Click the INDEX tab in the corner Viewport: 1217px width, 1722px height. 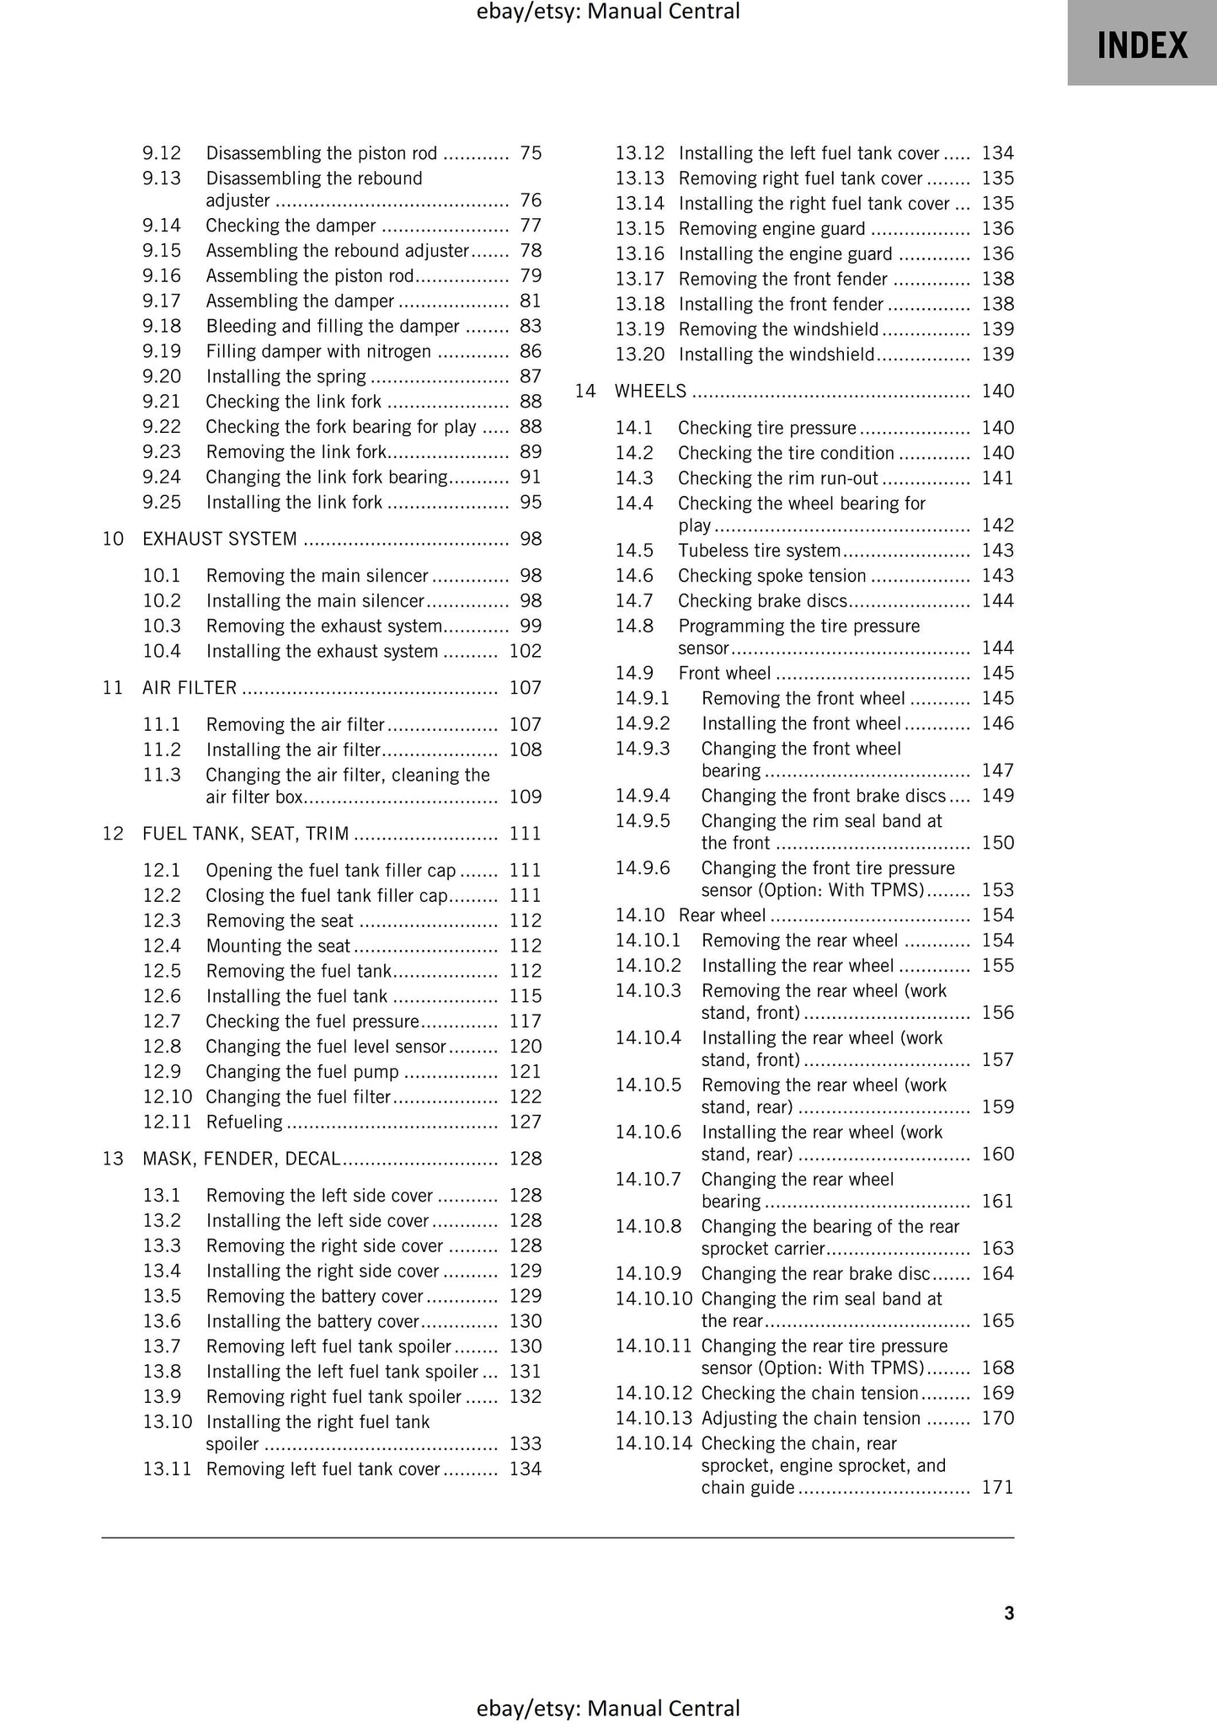[1141, 45]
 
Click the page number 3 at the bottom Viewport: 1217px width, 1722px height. [1009, 1613]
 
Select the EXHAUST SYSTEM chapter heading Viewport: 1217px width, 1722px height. [220, 539]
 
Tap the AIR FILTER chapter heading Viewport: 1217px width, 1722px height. [189, 688]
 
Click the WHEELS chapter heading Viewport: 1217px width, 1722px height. [650, 391]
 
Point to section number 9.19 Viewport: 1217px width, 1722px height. [162, 351]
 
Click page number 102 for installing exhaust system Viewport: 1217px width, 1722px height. [526, 651]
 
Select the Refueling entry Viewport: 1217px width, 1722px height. [244, 1122]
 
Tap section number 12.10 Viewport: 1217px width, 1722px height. [168, 1096]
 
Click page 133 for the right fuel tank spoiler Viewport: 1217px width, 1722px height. [526, 1443]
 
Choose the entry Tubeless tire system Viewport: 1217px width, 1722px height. [759, 551]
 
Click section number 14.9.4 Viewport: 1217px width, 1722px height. [642, 796]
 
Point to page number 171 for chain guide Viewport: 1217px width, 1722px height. [997, 1487]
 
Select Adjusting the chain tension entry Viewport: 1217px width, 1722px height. [810, 1418]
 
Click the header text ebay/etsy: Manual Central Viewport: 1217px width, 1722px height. [608, 12]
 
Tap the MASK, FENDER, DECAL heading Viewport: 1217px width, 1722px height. [241, 1159]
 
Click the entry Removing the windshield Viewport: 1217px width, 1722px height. [777, 329]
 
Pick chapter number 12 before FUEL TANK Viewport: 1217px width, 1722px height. [113, 834]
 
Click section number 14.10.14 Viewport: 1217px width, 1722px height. [653, 1443]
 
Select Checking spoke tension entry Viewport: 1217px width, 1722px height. [771, 576]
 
